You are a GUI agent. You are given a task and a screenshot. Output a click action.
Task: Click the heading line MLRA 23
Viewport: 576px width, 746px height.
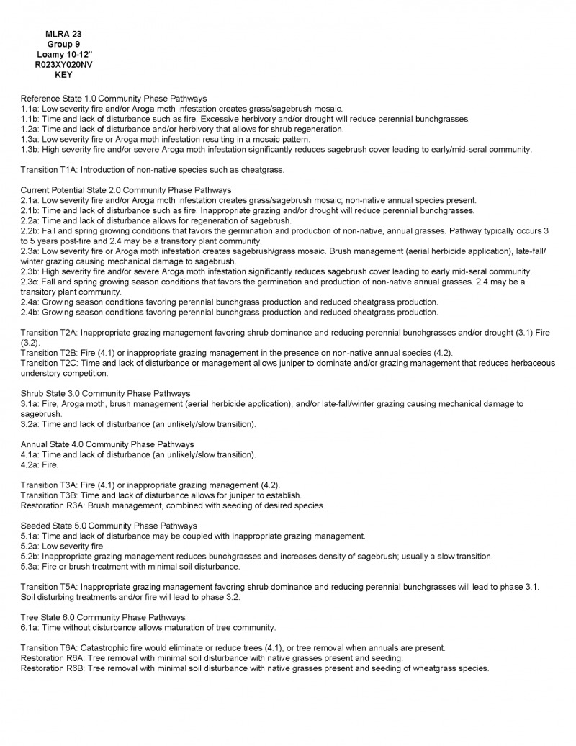pyautogui.click(x=63, y=34)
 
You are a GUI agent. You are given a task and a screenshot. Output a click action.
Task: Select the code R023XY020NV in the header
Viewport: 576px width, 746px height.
pyautogui.click(x=63, y=64)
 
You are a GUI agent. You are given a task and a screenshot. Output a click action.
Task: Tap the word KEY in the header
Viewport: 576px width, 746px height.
pyautogui.click(x=63, y=74)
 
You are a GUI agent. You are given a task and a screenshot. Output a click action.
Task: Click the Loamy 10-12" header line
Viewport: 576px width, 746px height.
pyautogui.click(x=63, y=54)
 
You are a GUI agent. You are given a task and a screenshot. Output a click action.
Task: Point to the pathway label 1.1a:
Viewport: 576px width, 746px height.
pyautogui.click(x=31, y=108)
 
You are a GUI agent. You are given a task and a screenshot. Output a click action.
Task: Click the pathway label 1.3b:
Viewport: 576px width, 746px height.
pyautogui.click(x=31, y=149)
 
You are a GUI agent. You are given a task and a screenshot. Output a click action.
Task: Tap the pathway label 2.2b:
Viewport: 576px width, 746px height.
pyautogui.click(x=31, y=230)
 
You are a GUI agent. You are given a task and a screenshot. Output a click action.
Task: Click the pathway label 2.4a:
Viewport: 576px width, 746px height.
pyautogui.click(x=31, y=302)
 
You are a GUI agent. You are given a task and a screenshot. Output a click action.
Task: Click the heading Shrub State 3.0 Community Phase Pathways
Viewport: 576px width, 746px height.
pyautogui.click(x=105, y=394)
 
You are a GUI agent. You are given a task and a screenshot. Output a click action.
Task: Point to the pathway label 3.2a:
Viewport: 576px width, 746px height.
pyautogui.click(x=31, y=424)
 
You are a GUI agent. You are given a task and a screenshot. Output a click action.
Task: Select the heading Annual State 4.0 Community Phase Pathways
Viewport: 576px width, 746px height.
pyautogui.click(x=107, y=444)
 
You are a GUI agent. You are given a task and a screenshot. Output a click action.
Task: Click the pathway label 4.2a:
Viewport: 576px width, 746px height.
pyautogui.click(x=31, y=464)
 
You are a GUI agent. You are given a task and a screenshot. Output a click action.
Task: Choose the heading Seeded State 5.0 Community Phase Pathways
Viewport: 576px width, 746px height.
pyautogui.click(x=109, y=526)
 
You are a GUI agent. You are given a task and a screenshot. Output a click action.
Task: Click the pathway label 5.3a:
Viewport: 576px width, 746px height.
pyautogui.click(x=31, y=566)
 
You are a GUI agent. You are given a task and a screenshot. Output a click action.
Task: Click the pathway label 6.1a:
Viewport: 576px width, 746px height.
pyautogui.click(x=31, y=627)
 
